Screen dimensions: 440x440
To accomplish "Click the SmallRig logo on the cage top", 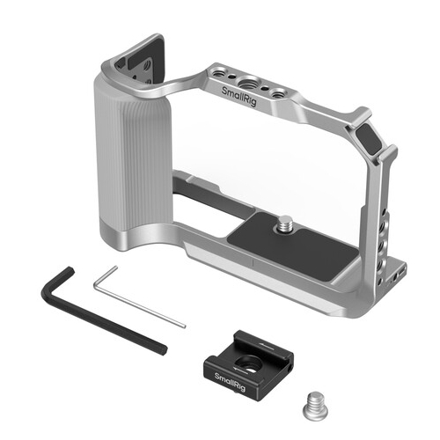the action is coord(239,96).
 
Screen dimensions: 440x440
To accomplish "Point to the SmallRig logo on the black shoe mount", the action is coord(230,382).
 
